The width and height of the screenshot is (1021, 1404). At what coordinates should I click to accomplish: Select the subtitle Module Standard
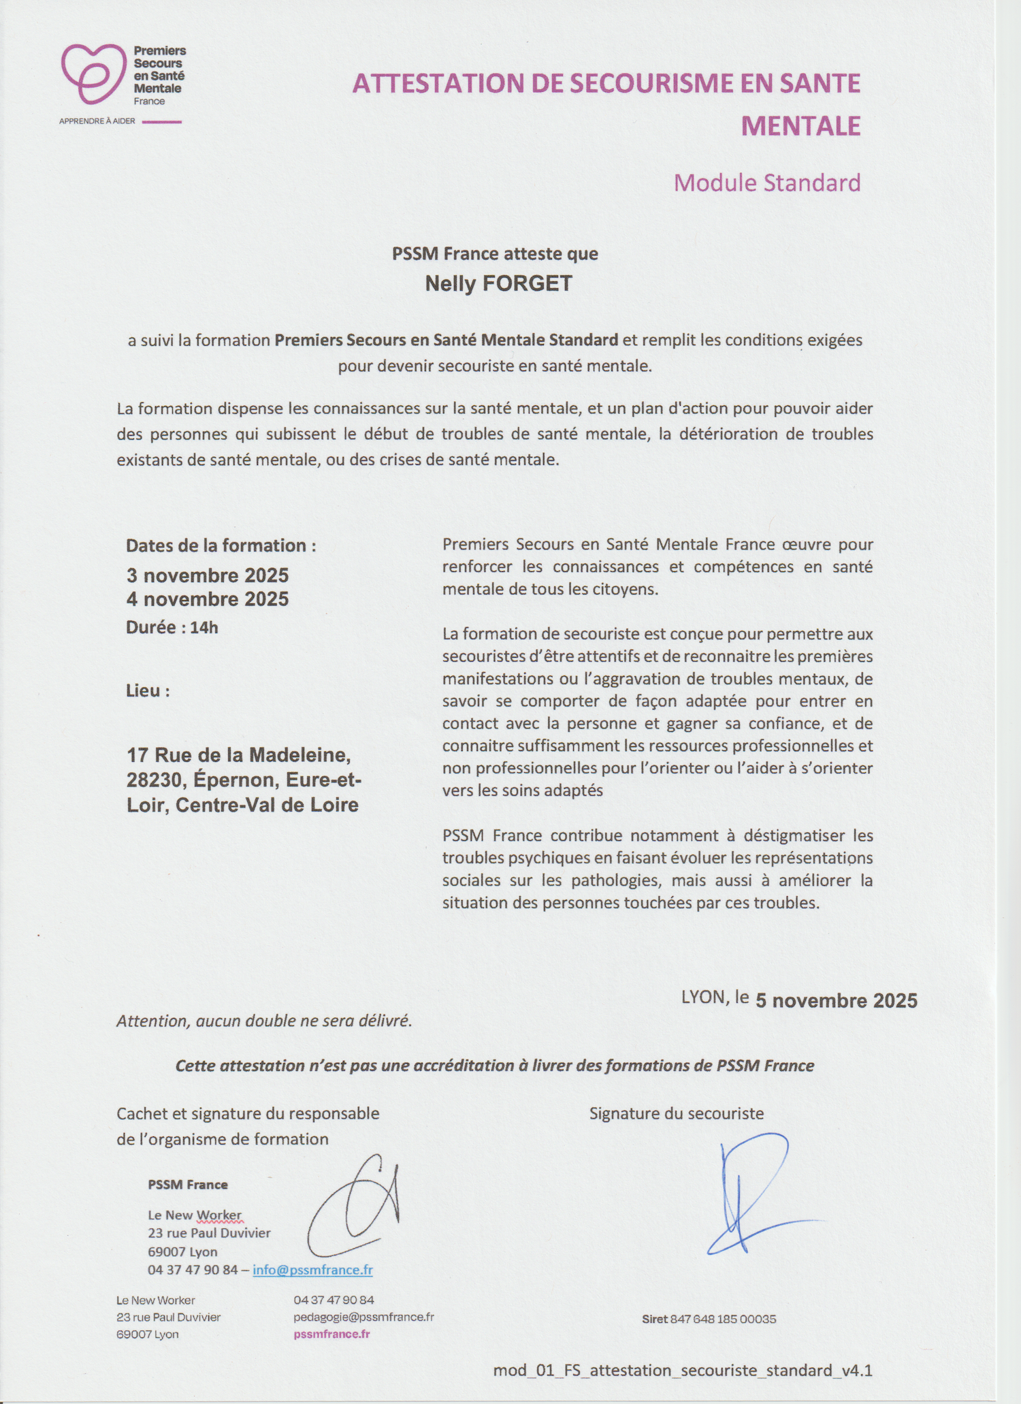(x=766, y=183)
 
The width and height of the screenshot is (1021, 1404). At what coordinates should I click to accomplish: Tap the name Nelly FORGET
(x=498, y=283)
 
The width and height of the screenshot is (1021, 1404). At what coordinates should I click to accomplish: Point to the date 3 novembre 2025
(x=207, y=575)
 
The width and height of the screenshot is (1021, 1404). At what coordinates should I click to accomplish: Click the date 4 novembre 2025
(x=207, y=599)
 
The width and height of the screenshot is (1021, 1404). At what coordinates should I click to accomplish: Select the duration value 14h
(x=204, y=628)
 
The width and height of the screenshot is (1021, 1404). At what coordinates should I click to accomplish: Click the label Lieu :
(x=148, y=691)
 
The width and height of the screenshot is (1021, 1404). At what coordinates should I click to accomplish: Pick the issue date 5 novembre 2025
(x=836, y=1000)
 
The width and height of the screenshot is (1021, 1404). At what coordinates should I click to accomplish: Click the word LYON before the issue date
(x=703, y=998)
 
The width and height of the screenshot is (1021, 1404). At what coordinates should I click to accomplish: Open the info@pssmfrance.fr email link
(x=312, y=1270)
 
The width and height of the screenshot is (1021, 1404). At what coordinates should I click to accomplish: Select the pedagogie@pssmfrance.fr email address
(x=363, y=1317)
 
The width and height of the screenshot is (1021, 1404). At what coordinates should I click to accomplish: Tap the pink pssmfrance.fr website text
(x=331, y=1334)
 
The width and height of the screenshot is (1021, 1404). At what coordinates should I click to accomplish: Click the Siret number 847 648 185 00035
(x=723, y=1319)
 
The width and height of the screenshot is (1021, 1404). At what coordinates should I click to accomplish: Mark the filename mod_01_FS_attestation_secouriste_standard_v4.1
(x=682, y=1370)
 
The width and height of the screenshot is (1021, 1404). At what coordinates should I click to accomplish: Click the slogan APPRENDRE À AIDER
(x=97, y=121)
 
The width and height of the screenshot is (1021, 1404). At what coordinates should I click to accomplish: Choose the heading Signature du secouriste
(x=676, y=1114)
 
